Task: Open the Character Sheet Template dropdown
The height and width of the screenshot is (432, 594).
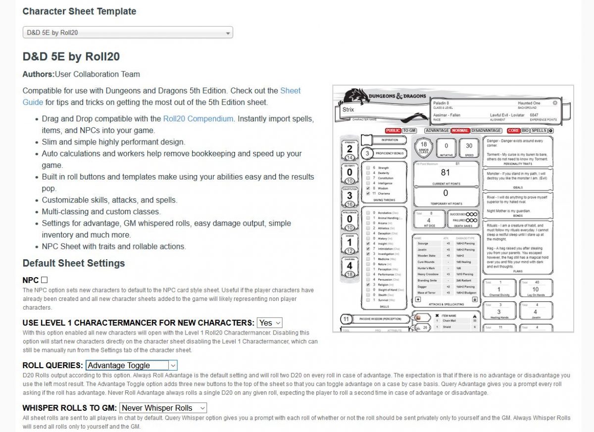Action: click(128, 33)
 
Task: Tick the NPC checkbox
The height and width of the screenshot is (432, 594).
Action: click(45, 280)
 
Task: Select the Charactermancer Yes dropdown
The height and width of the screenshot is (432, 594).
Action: click(269, 323)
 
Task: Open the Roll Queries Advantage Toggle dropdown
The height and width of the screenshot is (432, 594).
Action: click(131, 365)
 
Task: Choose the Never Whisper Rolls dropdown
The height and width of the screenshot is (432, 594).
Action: click(163, 408)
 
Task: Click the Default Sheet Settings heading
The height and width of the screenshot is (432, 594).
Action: click(74, 263)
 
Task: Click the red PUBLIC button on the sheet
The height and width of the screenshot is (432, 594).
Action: click(393, 131)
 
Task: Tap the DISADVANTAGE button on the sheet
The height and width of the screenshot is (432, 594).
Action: click(486, 131)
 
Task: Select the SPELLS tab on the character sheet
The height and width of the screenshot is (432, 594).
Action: click(539, 131)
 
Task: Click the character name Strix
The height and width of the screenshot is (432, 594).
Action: click(348, 110)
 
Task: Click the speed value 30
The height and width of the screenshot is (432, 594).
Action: click(469, 145)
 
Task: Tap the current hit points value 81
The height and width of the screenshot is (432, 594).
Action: click(445, 173)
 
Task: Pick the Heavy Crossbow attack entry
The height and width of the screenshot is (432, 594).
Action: click(428, 274)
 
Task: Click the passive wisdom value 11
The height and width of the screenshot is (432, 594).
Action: click(346, 319)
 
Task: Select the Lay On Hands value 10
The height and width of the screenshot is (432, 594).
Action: click(536, 289)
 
